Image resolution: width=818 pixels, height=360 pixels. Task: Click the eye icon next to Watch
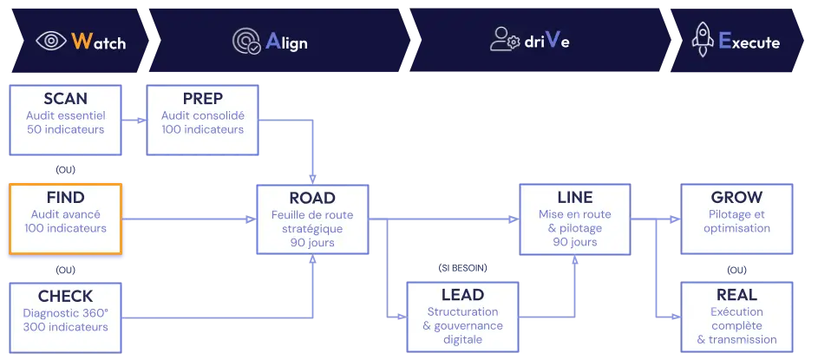click(50, 41)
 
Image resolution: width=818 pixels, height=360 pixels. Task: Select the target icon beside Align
click(246, 41)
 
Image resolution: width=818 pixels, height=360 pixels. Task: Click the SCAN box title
click(65, 99)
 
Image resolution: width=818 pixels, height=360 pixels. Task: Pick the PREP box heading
click(202, 99)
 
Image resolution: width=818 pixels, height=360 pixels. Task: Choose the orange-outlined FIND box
click(65, 220)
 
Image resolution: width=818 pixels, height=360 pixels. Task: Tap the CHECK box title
click(65, 296)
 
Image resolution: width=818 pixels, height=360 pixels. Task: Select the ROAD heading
click(311, 198)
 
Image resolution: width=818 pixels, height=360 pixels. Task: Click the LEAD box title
click(462, 295)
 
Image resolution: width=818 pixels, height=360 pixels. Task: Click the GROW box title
click(736, 198)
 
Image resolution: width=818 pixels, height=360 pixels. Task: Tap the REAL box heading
click(736, 295)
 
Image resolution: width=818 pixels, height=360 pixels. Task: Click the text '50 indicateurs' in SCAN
click(65, 130)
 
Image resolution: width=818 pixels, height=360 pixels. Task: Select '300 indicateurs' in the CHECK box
click(65, 327)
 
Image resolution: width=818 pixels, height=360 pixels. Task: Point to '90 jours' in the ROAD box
click(311, 243)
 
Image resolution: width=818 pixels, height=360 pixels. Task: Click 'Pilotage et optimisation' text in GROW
click(736, 221)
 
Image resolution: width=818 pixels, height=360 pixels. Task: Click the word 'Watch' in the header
click(98, 42)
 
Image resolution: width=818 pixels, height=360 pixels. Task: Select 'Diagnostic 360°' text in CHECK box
click(65, 312)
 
